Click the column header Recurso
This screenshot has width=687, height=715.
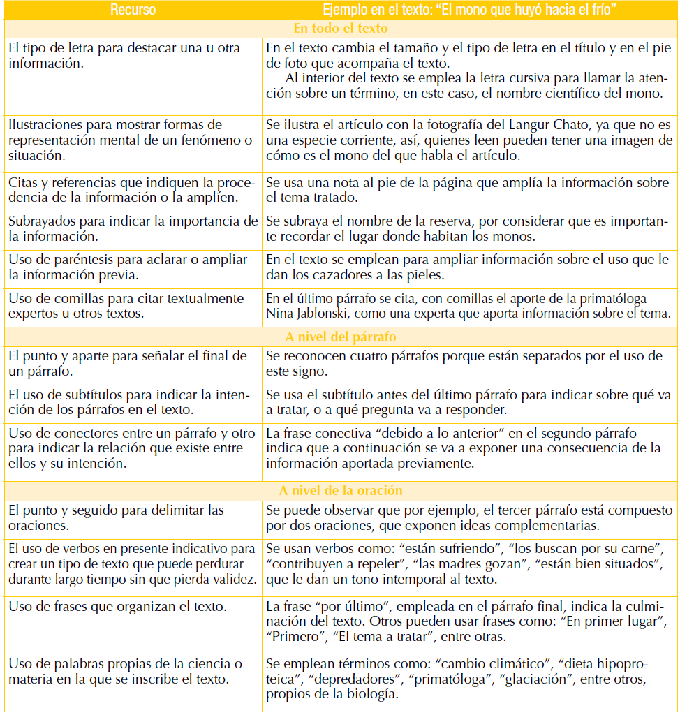133,10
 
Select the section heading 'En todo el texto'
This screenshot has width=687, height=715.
341,29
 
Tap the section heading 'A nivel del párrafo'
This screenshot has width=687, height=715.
341,337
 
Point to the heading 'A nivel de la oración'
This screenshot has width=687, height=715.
341,491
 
